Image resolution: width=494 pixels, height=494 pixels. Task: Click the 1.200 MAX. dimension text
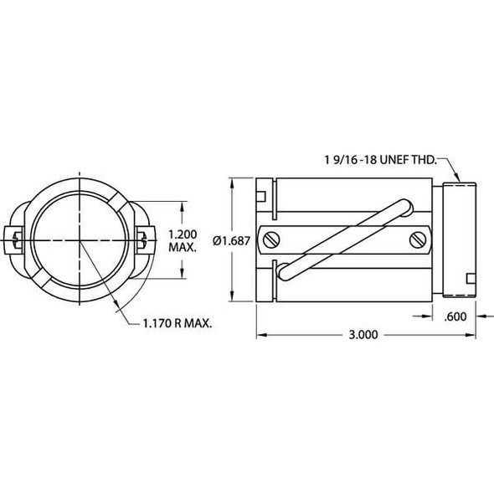coord(183,241)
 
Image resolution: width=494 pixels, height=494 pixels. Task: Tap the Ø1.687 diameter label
coord(229,240)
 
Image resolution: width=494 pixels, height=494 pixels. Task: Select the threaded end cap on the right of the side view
coord(457,240)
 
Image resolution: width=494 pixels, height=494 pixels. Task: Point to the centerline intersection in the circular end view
coord(80,241)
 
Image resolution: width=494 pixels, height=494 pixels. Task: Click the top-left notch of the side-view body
coord(262,197)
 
